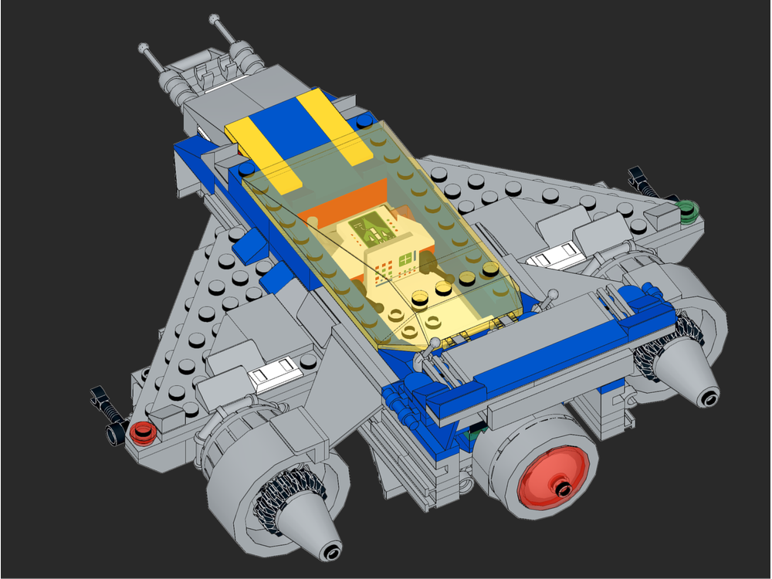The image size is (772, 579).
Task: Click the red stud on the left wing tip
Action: point(141,432)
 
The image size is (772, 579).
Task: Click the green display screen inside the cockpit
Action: point(371,227)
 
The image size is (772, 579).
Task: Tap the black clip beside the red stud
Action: point(108,413)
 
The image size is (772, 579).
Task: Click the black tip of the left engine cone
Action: point(332,551)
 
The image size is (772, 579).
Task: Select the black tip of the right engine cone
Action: point(709,399)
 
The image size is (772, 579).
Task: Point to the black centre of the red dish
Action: point(563,488)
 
